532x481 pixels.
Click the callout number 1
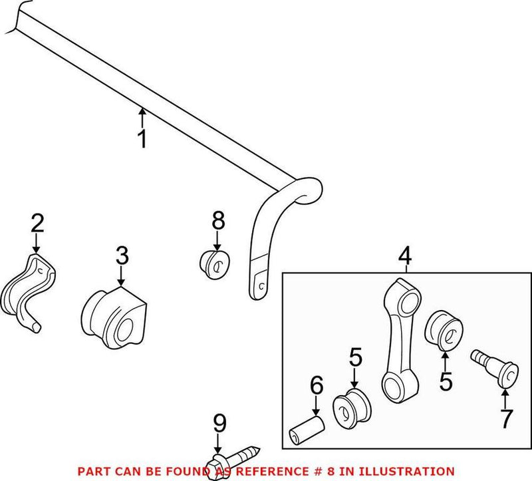[x=141, y=140]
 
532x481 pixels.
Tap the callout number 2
[x=37, y=223]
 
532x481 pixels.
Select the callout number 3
[x=121, y=255]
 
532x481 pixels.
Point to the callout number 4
[x=405, y=256]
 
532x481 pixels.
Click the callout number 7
[x=506, y=418]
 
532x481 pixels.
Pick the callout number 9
[x=219, y=424]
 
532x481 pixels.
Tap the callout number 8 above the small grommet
[x=218, y=221]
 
